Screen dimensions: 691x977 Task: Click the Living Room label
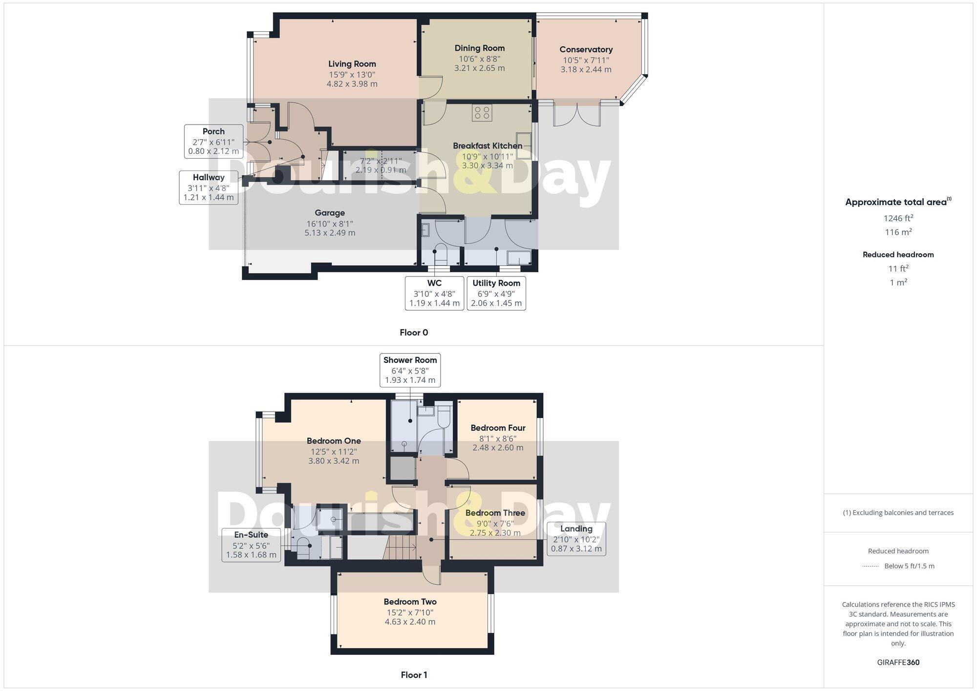(352, 64)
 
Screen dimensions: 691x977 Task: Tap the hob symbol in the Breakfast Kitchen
(482, 113)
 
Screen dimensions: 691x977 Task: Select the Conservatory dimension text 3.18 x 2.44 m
(586, 70)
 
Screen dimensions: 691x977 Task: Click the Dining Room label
(479, 48)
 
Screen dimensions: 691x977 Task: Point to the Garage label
(330, 213)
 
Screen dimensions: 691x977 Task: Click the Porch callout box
(213, 141)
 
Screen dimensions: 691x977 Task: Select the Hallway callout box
(209, 187)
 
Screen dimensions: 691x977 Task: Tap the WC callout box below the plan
(434, 293)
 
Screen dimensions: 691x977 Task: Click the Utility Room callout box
(496, 293)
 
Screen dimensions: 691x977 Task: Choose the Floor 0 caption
(413, 333)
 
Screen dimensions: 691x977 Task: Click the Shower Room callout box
(410, 370)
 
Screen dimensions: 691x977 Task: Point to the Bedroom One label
(334, 441)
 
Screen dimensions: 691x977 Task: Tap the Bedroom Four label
(498, 428)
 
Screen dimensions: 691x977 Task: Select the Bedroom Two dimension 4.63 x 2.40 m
(410, 622)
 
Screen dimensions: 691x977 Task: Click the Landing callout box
(576, 539)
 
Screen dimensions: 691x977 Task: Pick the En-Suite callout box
(251, 544)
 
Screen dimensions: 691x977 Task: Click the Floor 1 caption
(413, 675)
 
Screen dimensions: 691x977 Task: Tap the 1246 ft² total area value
(898, 218)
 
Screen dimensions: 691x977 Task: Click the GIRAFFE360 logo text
(898, 663)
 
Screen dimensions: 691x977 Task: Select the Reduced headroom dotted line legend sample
(871, 566)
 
